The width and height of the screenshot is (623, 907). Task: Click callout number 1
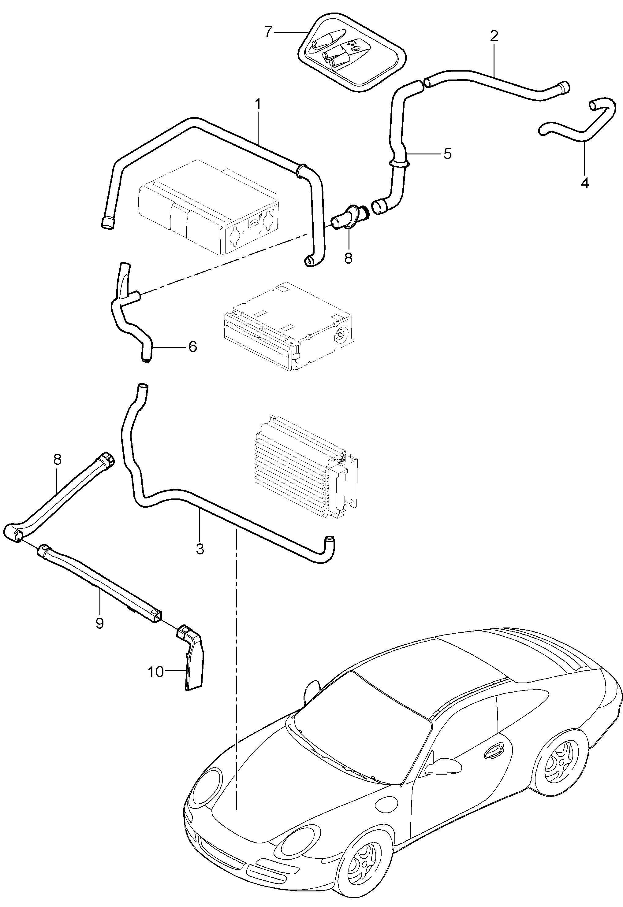tap(257, 104)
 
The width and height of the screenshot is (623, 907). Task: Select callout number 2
tap(494, 36)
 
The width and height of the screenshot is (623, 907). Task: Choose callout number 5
tap(447, 154)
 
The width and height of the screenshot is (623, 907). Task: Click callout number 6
tap(192, 346)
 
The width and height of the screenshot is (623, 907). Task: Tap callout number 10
tap(155, 672)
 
